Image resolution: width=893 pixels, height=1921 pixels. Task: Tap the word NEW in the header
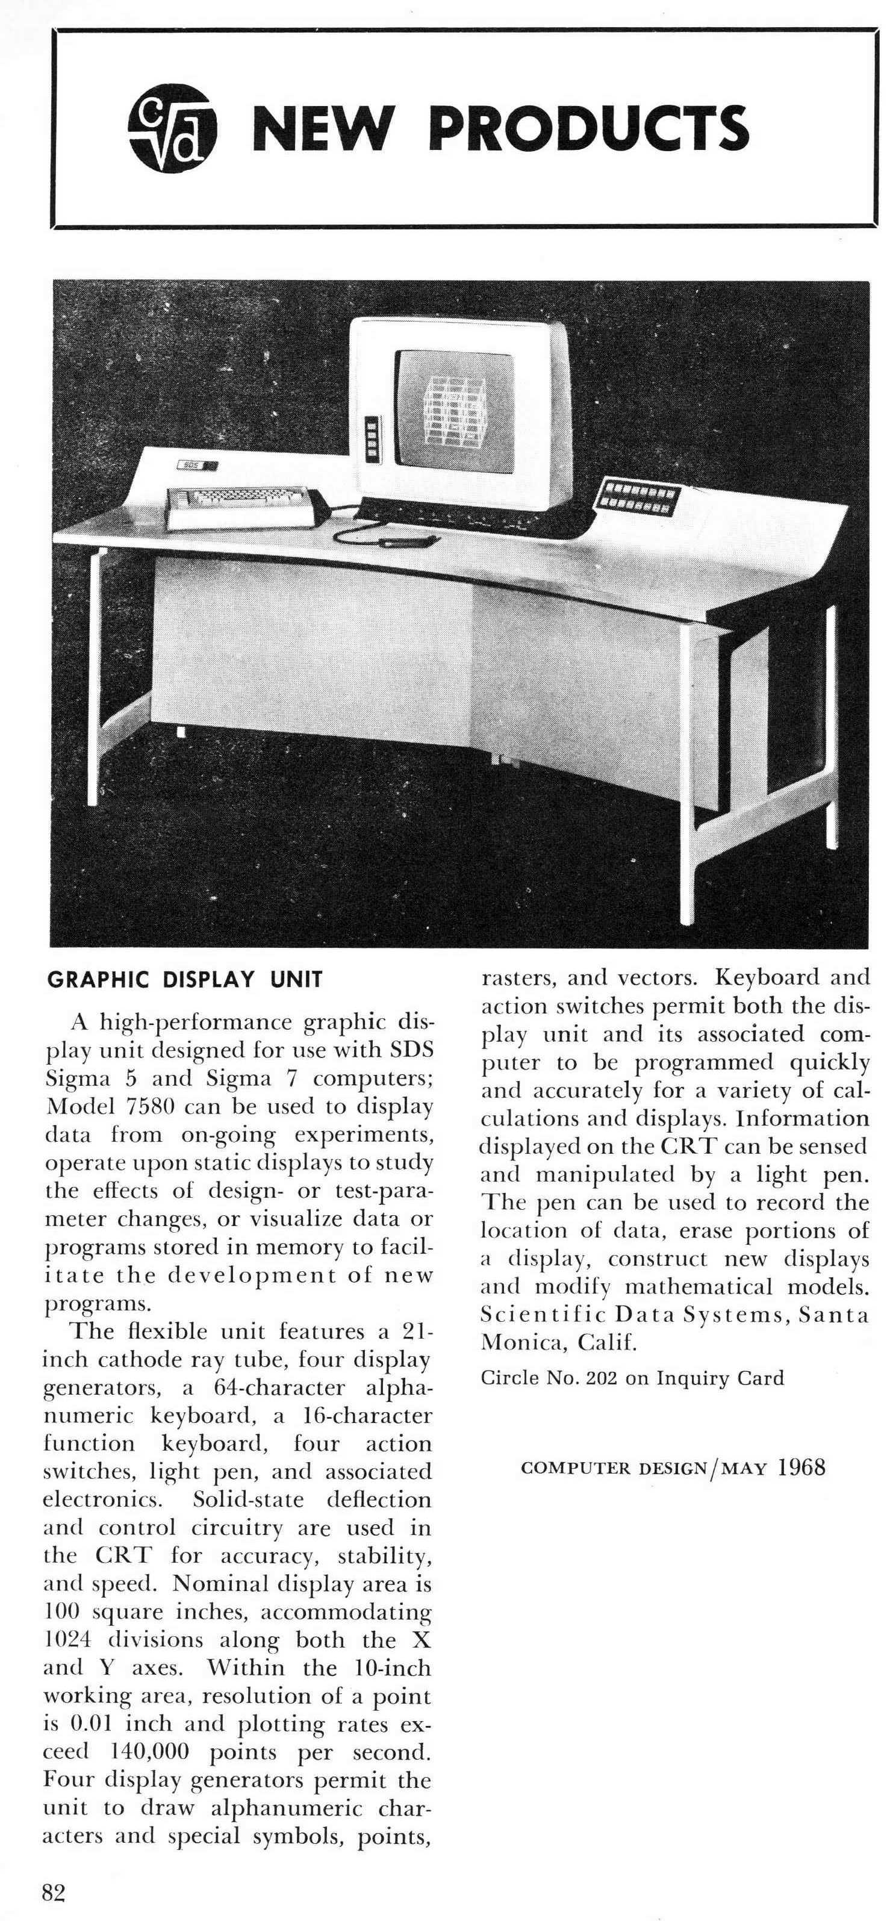tap(322, 128)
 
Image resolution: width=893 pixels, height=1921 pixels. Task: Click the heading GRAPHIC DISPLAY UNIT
tap(185, 980)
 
